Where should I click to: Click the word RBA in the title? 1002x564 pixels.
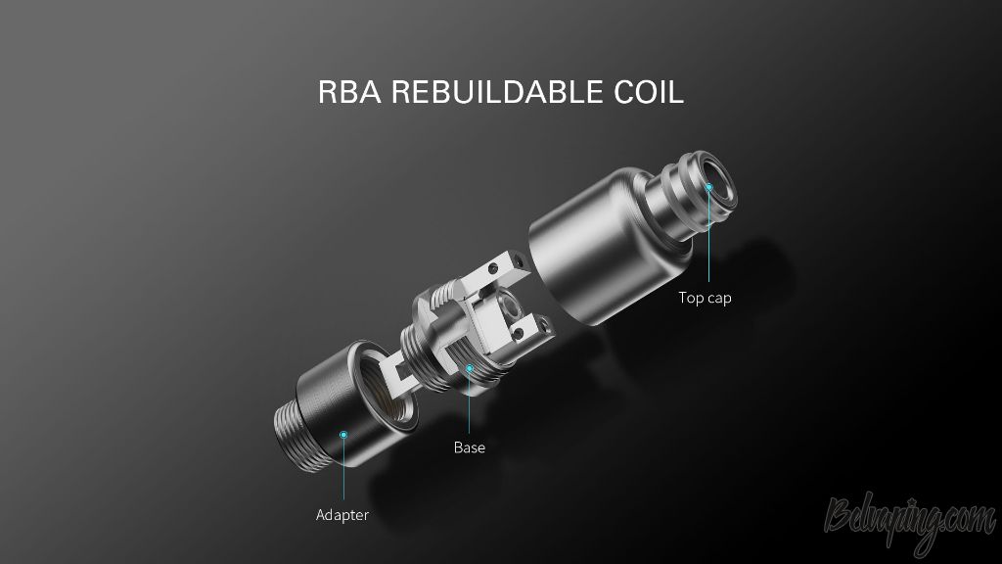[x=349, y=92]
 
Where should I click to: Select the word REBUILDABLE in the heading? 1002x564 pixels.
[x=497, y=92]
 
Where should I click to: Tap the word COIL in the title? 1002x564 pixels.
[x=649, y=92]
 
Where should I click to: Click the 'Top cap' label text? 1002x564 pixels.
[x=705, y=298]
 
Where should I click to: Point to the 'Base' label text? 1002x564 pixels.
[x=469, y=447]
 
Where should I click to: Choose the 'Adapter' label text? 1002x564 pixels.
[x=342, y=515]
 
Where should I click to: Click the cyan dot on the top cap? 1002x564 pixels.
[x=708, y=187]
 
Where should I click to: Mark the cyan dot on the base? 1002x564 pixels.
[x=469, y=368]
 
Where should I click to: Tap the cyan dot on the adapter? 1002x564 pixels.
[x=343, y=435]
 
